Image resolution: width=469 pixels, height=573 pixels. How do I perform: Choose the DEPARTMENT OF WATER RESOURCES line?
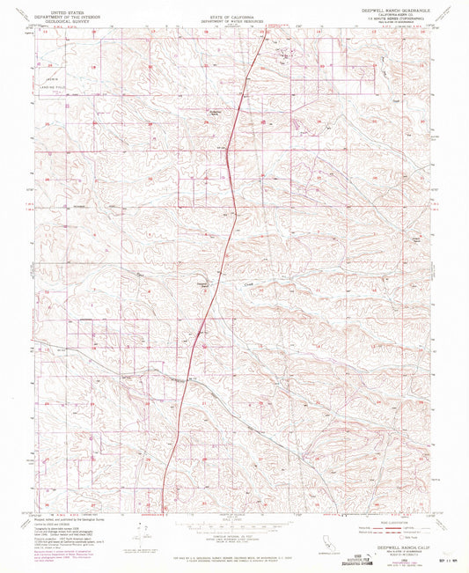tap(233, 21)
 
